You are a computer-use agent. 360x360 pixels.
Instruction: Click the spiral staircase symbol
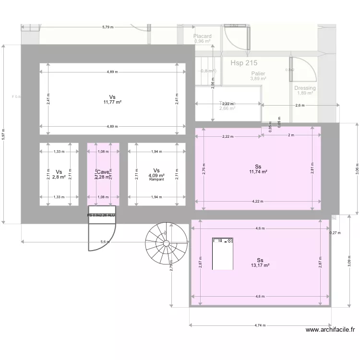tap(166, 243)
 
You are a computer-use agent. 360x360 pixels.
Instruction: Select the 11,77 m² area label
tap(112, 102)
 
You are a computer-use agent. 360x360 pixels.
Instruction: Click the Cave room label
tap(103, 172)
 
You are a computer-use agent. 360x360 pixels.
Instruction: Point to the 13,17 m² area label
tap(260, 265)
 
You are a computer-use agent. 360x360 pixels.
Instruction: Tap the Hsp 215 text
tap(244, 63)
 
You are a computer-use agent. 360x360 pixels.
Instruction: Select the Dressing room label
tap(305, 88)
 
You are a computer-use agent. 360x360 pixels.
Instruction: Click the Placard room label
tap(203, 36)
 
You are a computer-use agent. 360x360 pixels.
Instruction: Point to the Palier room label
tap(258, 73)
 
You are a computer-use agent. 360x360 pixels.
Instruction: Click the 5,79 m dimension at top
tap(108, 27)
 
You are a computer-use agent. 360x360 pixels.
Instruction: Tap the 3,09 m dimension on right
tap(349, 260)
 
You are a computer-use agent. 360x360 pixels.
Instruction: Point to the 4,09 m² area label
tap(156, 176)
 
